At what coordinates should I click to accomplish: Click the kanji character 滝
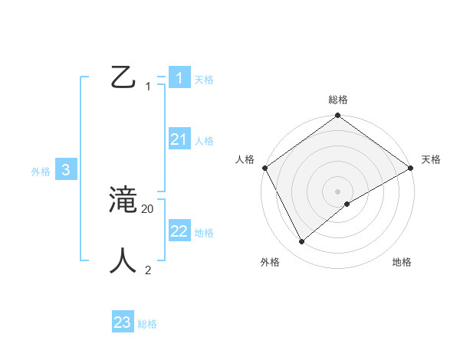(x=123, y=201)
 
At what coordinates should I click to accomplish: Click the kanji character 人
(x=123, y=260)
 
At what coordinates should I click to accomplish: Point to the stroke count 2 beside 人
(x=148, y=270)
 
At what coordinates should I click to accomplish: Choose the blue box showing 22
(x=179, y=231)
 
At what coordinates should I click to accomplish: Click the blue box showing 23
(x=123, y=322)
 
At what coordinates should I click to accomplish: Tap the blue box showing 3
(x=66, y=171)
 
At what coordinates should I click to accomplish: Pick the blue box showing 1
(x=179, y=77)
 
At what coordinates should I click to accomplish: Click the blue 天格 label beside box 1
(x=204, y=79)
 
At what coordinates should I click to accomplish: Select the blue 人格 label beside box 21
(x=204, y=141)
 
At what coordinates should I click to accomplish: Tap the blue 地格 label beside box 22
(x=204, y=233)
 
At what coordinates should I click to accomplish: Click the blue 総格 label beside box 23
(x=147, y=324)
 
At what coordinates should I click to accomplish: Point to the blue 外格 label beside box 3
(x=41, y=172)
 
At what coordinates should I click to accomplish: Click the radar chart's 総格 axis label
(x=338, y=100)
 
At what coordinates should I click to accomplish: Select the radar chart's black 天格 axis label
(x=431, y=159)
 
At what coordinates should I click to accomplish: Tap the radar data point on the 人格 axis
(x=265, y=168)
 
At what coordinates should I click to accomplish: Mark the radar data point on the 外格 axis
(x=301, y=242)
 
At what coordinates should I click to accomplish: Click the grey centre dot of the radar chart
(x=338, y=191)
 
